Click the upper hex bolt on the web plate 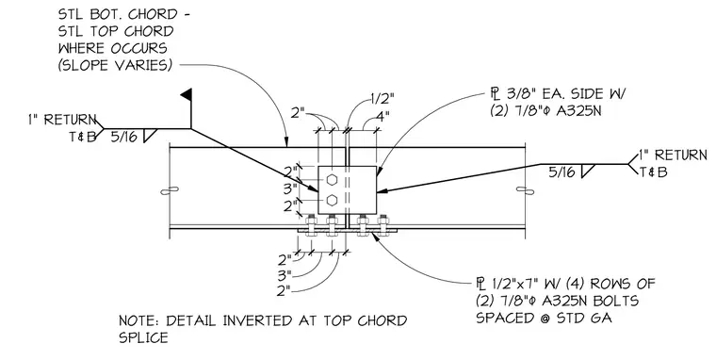332,180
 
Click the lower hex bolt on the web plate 332,200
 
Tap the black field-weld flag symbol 186,94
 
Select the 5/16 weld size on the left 123,136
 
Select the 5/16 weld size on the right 561,172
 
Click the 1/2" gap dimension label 382,98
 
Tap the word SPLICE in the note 143,337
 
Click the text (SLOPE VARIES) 115,65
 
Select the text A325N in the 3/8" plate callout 578,111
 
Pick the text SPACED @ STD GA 544,317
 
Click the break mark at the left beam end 170,190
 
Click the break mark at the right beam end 525,189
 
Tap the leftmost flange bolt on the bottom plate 310,224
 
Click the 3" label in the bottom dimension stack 284,275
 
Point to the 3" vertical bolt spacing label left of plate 290,188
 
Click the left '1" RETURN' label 62,120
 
